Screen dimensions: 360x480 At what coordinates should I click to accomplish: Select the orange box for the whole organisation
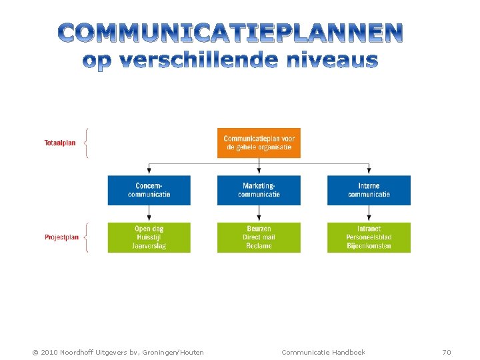click(259, 143)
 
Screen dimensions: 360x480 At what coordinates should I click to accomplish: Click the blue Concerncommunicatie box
click(149, 190)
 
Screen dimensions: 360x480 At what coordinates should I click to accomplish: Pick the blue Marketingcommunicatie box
click(259, 190)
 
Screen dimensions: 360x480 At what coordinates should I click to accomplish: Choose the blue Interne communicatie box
click(369, 190)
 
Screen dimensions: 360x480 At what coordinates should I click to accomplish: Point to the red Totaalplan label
click(60, 143)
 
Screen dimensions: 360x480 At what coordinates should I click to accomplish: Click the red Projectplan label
click(61, 237)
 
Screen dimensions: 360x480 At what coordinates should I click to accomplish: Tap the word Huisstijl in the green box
click(149, 237)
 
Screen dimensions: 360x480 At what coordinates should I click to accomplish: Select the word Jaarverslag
click(149, 246)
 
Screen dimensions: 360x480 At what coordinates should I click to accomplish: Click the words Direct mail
click(259, 237)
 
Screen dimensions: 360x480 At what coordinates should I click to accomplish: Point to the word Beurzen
click(259, 229)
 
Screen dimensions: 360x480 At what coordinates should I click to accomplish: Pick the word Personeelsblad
click(369, 237)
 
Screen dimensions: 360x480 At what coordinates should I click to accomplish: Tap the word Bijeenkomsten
click(369, 246)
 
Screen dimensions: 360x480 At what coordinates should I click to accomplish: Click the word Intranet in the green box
click(369, 229)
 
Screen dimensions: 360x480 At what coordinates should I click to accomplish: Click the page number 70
click(447, 352)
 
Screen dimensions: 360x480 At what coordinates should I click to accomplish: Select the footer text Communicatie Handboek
click(323, 352)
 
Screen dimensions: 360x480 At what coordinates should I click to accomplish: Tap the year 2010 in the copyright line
click(50, 352)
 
